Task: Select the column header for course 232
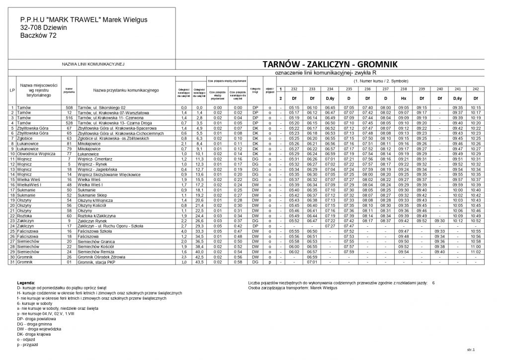tap(293, 89)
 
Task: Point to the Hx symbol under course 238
tap(403, 98)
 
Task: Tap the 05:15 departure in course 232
tap(293, 107)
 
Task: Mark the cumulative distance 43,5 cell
tap(199, 262)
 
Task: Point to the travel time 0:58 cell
tap(238, 262)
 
